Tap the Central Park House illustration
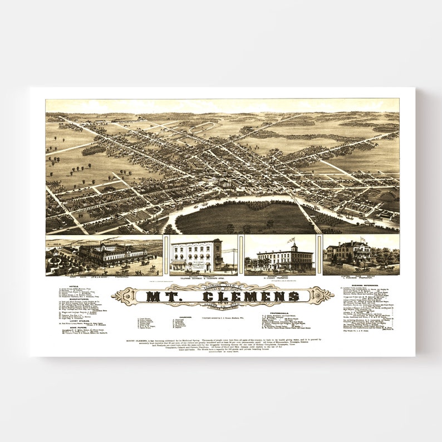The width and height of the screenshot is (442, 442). pyautogui.click(x=349, y=253)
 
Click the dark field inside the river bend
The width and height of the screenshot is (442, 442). pyautogui.click(x=245, y=217)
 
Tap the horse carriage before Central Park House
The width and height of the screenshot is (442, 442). pyautogui.click(x=389, y=268)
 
